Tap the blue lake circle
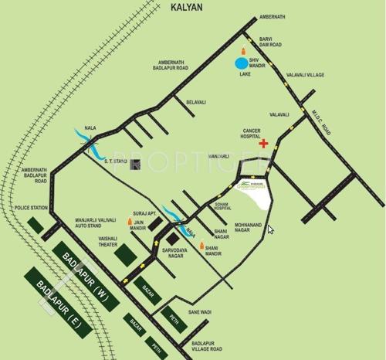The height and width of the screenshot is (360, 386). point(242,63)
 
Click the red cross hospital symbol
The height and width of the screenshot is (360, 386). point(264,144)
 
